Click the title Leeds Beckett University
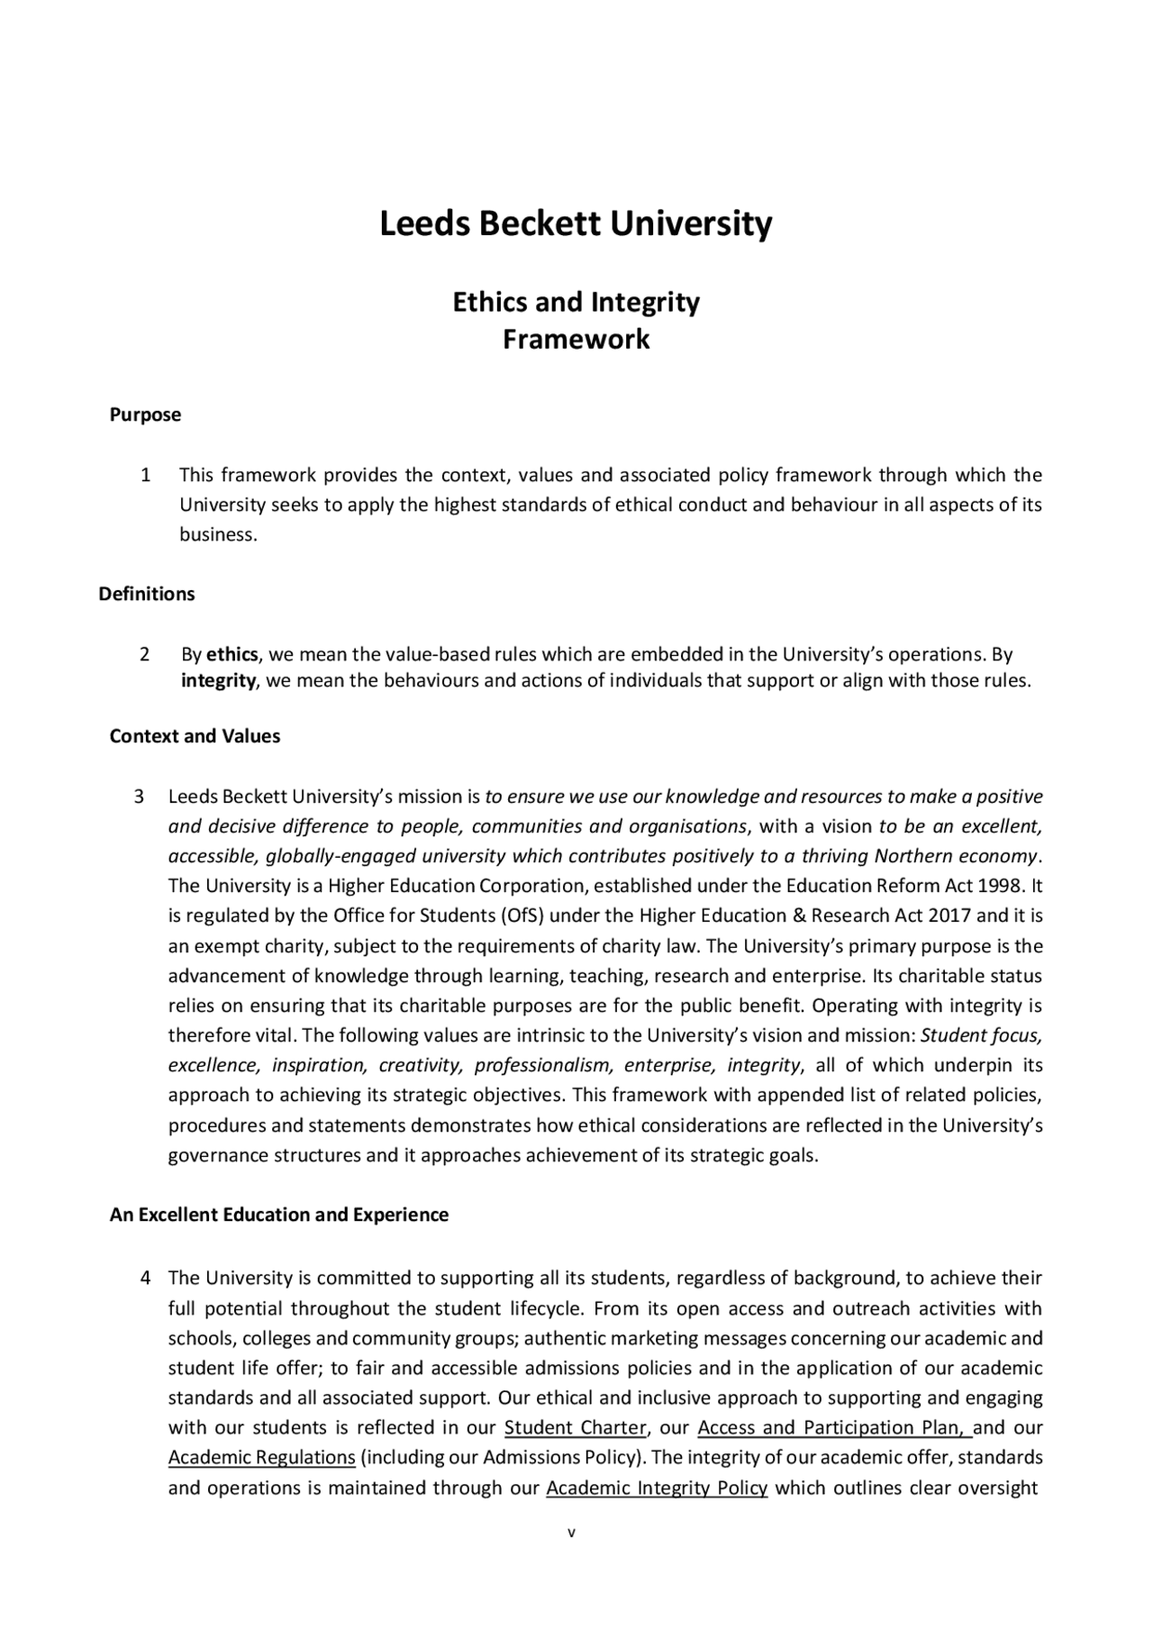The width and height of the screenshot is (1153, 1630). (x=576, y=223)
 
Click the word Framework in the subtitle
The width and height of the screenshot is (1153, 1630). (x=576, y=340)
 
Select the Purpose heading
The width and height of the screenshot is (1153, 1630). (x=145, y=414)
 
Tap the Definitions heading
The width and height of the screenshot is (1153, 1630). (x=147, y=594)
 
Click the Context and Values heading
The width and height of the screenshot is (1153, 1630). (x=195, y=736)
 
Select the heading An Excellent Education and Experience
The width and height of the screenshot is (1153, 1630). (x=278, y=1215)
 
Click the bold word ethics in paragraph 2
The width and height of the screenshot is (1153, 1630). (x=232, y=654)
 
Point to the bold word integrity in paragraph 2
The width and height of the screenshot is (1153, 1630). (x=219, y=680)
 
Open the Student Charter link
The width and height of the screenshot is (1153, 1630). (x=576, y=1428)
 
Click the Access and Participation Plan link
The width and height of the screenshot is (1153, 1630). (x=832, y=1428)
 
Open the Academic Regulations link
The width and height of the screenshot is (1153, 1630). (x=262, y=1458)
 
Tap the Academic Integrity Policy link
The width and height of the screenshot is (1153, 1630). (x=657, y=1488)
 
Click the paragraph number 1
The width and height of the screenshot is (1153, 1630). (x=145, y=475)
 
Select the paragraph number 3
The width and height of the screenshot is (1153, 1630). (x=139, y=797)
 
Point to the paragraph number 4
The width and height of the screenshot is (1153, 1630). (x=145, y=1278)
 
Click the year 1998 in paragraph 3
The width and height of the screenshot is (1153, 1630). (x=1003, y=886)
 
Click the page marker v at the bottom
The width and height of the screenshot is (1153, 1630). (x=571, y=1533)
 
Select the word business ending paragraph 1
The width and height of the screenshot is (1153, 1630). (x=217, y=534)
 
